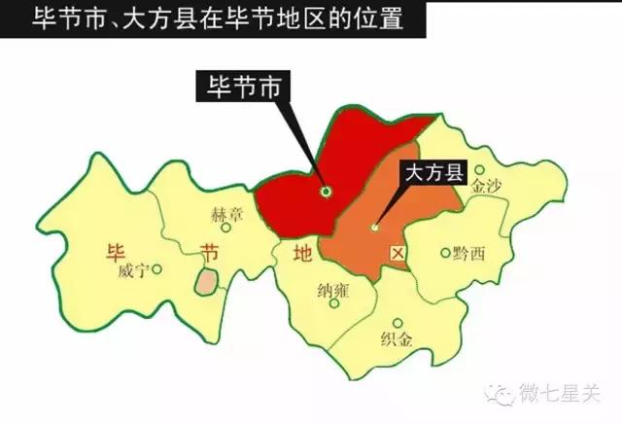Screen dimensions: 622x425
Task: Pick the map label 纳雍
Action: coord(332,289)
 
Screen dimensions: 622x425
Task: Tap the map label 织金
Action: coord(397,339)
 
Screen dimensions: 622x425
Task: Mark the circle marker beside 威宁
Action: coord(157,269)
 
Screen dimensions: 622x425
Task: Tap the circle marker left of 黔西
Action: coord(446,252)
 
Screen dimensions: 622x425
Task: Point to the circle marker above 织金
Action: coord(397,322)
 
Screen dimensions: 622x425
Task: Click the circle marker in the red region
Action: coord(326,192)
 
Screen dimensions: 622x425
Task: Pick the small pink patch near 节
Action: coord(206,282)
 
